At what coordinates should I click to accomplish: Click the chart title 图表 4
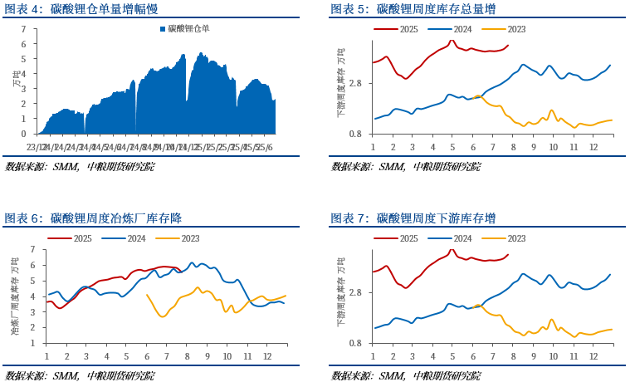pos(81,9)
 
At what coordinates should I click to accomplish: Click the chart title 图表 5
pos(413,9)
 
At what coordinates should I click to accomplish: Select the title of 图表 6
pos(93,218)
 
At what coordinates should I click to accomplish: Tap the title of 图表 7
pos(413,218)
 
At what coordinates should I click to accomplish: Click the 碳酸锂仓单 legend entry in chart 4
pos(184,28)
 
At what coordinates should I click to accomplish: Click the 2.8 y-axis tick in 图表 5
pos(354,83)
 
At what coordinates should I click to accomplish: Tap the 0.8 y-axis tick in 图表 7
pos(354,343)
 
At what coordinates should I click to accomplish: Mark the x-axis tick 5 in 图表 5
pos(452,146)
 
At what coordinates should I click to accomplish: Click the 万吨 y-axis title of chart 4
pos(14,81)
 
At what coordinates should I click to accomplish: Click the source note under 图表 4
pos(80,167)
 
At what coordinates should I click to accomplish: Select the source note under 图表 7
pos(406,376)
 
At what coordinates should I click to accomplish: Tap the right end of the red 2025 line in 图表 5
pos(508,46)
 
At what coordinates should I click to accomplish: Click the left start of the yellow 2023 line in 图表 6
pos(147,295)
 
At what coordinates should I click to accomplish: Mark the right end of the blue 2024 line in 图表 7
pos(611,274)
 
